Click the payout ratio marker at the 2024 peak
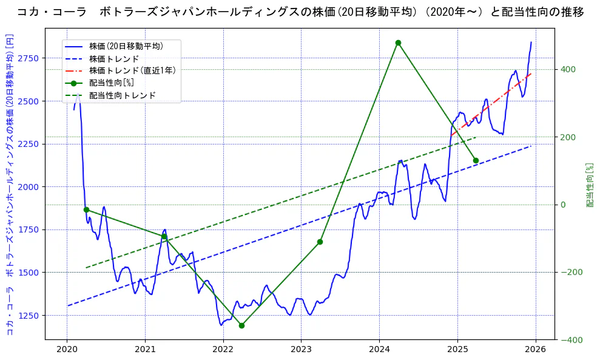point(398,42)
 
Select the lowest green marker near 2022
point(241,325)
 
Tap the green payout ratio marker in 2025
point(476,160)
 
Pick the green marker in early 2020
point(86,209)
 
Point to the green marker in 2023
point(320,242)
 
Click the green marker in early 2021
point(164,237)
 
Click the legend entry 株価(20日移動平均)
point(126,46)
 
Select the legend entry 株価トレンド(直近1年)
point(132,70)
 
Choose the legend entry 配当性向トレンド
point(122,95)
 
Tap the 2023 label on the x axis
point(301,350)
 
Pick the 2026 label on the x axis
point(535,350)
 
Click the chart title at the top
point(300,12)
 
